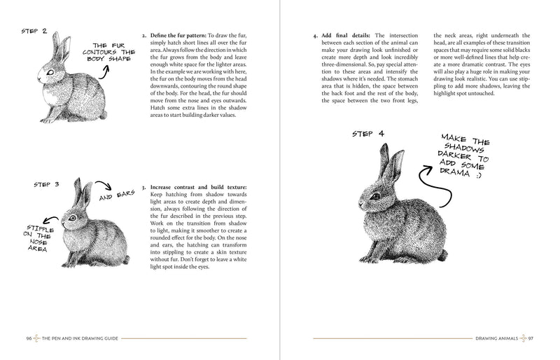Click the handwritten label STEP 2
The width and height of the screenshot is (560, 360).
[x=34, y=32]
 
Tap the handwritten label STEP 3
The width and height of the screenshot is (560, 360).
[x=47, y=185]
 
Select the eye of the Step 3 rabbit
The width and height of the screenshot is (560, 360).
[x=71, y=218]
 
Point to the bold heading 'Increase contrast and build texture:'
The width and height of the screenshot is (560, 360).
[x=199, y=188]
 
